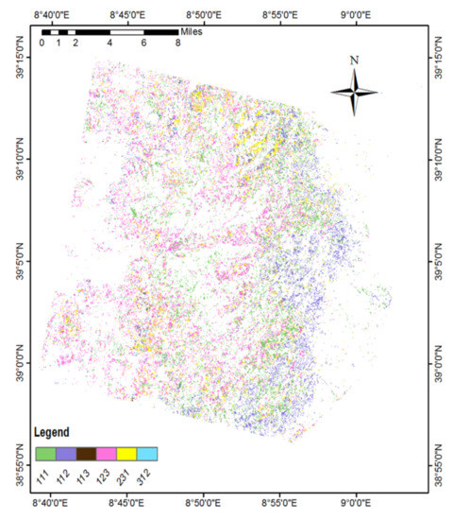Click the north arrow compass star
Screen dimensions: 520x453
click(x=354, y=92)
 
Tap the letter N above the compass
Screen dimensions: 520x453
click(x=354, y=61)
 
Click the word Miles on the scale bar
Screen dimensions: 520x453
click(x=193, y=31)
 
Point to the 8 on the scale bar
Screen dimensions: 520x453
click(x=177, y=43)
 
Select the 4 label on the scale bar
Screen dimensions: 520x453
click(x=109, y=43)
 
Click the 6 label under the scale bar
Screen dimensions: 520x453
click(x=143, y=43)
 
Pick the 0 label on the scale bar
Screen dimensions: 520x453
click(x=42, y=43)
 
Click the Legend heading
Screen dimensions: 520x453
click(x=52, y=432)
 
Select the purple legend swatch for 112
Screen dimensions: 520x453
click(x=65, y=454)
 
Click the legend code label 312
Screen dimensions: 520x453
click(x=144, y=472)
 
